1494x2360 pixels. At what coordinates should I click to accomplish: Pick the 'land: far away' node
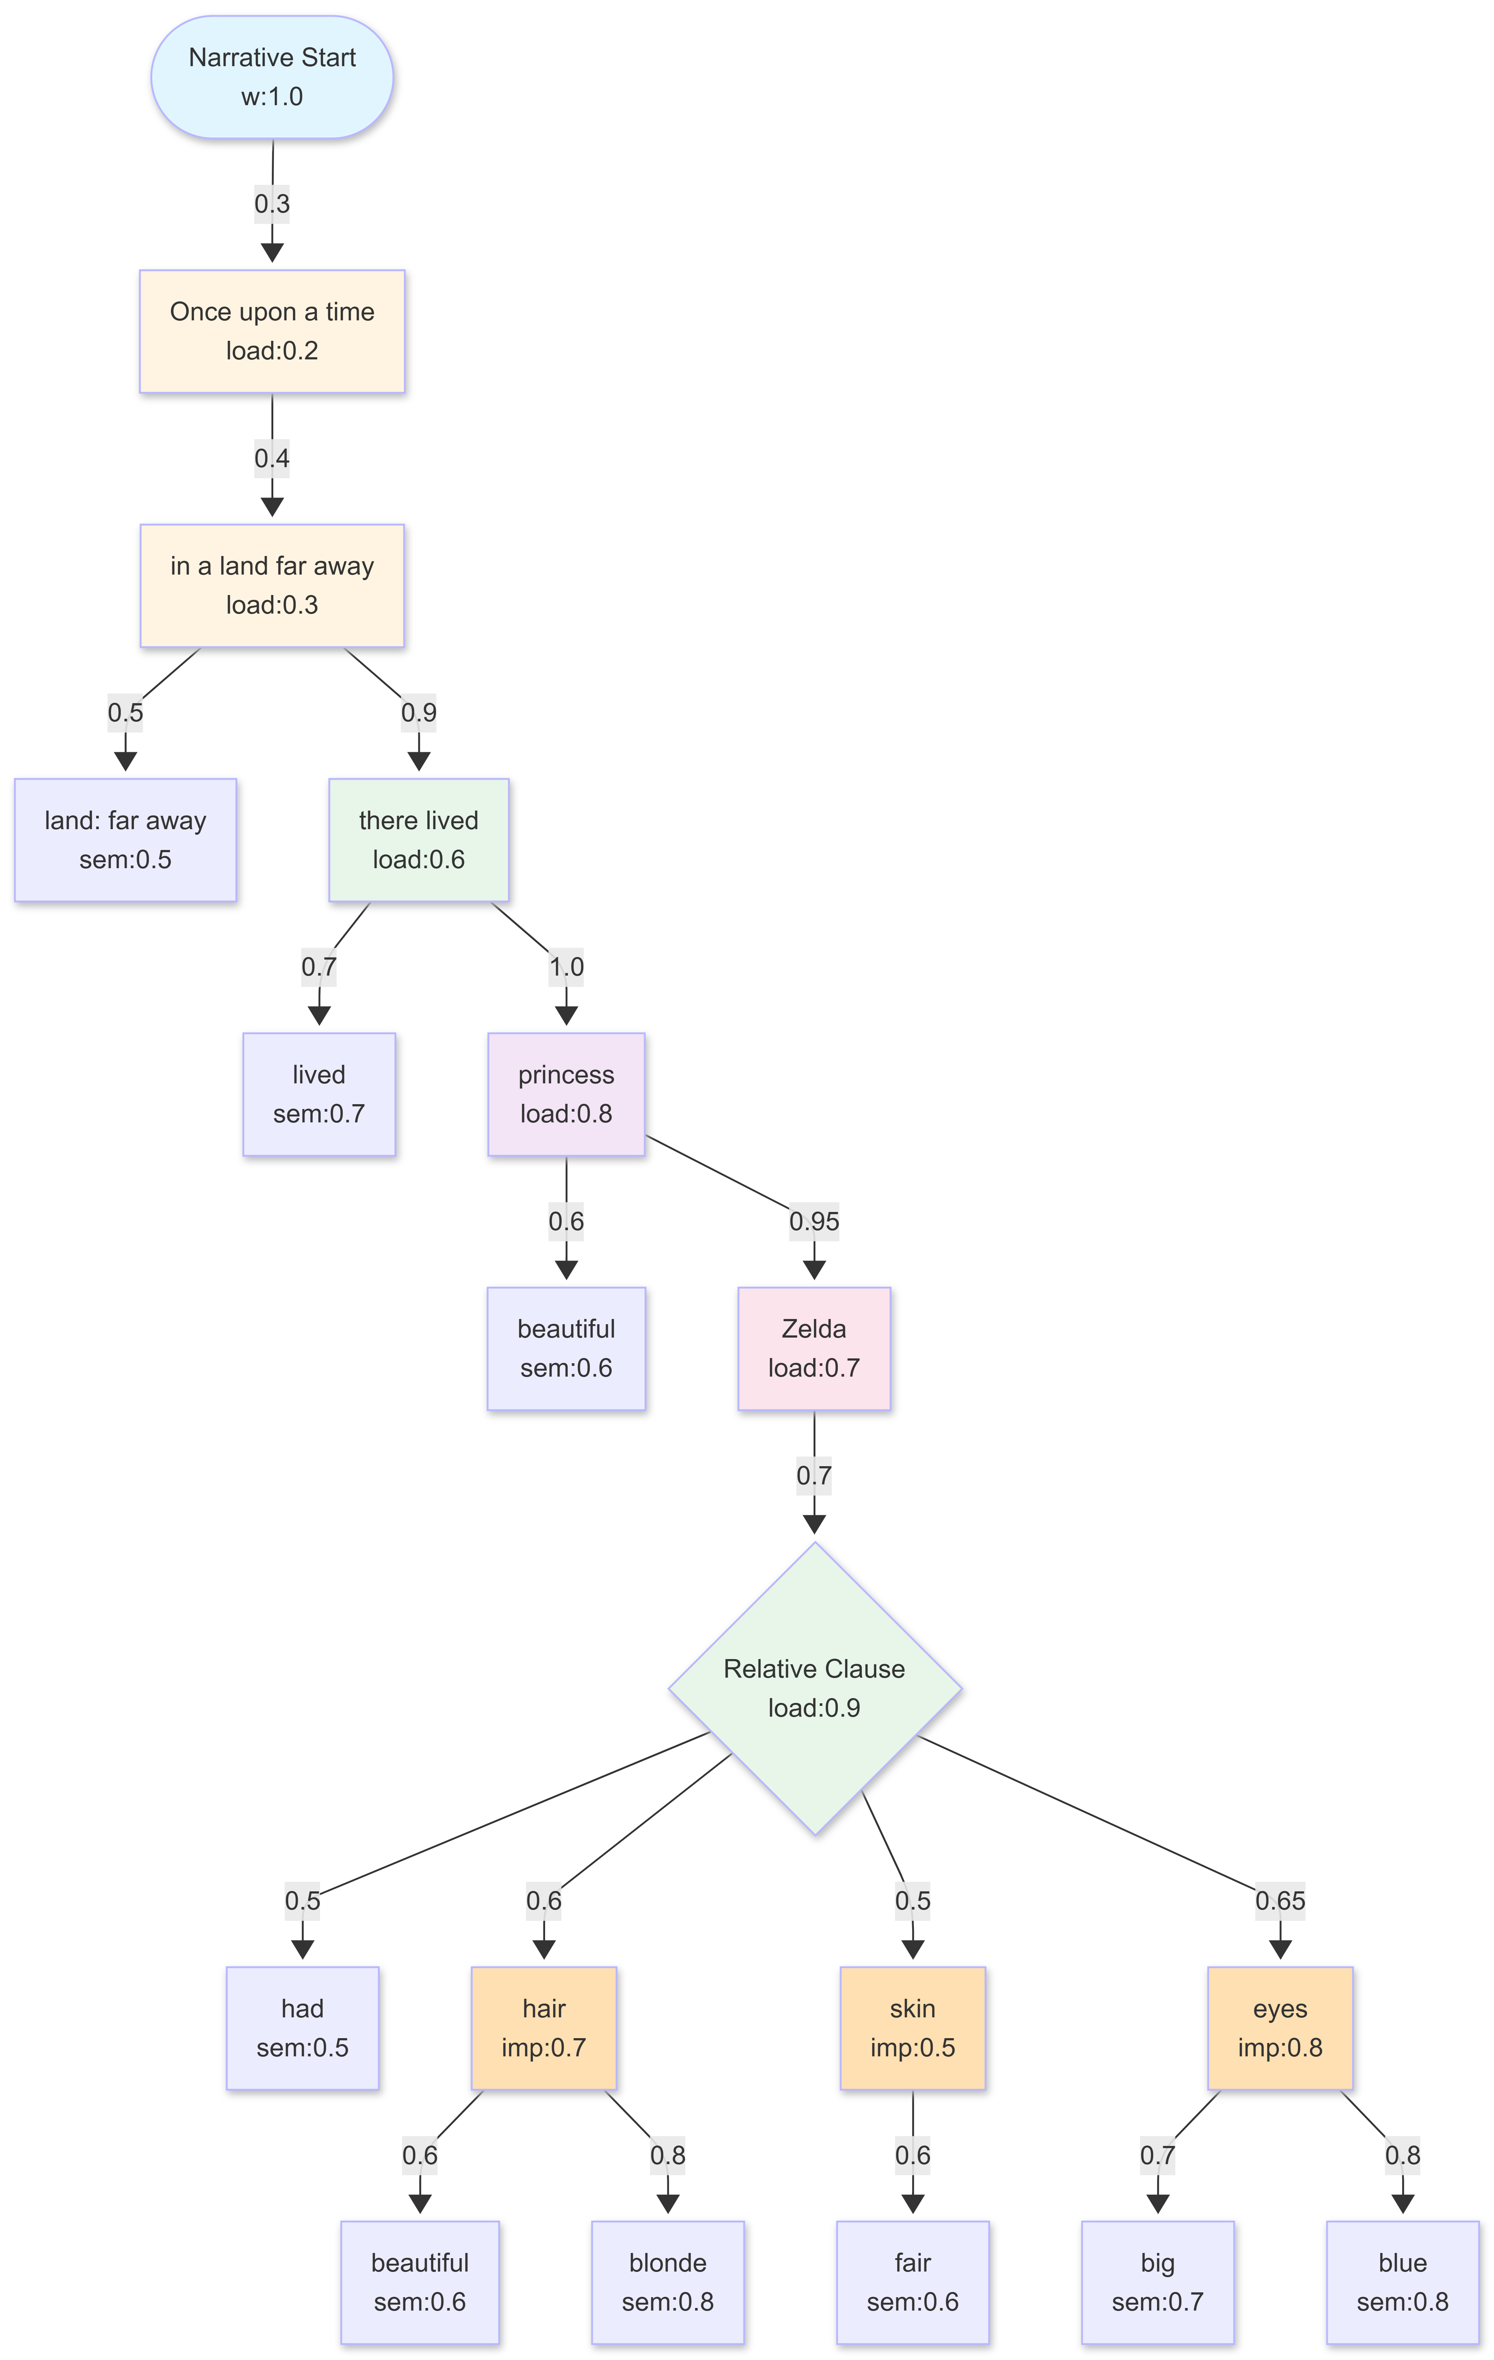(x=125, y=840)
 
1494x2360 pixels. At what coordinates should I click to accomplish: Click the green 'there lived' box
(x=419, y=840)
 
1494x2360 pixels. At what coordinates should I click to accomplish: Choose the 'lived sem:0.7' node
(x=319, y=1094)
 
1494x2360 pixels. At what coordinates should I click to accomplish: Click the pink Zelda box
(x=814, y=1349)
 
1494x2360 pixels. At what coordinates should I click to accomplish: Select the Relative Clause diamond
(x=814, y=1688)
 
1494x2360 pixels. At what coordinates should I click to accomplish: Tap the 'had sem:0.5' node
(x=302, y=2028)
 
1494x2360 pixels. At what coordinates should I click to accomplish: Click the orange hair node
(x=544, y=2028)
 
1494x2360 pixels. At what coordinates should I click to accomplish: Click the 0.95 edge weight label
(x=814, y=1221)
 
